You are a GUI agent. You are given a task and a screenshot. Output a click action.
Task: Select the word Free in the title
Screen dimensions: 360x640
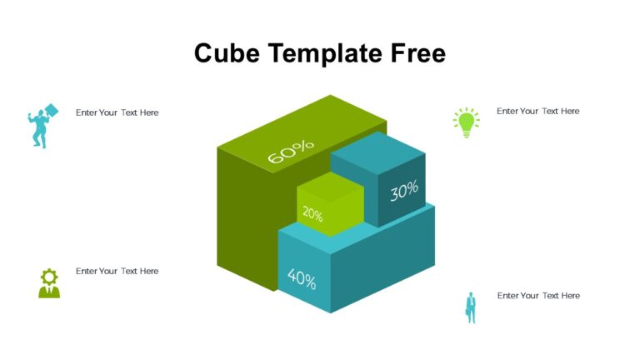pyautogui.click(x=418, y=53)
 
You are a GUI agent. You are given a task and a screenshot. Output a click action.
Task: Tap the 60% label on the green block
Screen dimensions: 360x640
pyautogui.click(x=291, y=152)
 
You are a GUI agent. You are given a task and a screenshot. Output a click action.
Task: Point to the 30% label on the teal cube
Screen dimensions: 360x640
pyautogui.click(x=404, y=191)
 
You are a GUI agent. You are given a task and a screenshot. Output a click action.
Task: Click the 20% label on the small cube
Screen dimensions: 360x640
pyautogui.click(x=312, y=214)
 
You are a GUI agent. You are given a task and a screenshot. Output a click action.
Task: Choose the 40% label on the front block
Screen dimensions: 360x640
pyautogui.click(x=302, y=277)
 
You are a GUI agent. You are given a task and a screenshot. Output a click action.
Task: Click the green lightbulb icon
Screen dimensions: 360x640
pyautogui.click(x=466, y=122)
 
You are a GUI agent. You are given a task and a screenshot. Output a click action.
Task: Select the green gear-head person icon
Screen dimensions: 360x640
pyautogui.click(x=49, y=283)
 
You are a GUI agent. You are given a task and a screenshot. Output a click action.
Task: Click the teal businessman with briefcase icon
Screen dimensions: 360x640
pyautogui.click(x=470, y=307)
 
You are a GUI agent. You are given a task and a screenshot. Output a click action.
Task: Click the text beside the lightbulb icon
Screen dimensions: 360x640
pyautogui.click(x=537, y=112)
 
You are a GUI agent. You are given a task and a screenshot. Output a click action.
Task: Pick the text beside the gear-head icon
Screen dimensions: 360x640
pyautogui.click(x=117, y=272)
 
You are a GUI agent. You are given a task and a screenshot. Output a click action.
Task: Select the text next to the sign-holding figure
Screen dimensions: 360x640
pyautogui.click(x=117, y=112)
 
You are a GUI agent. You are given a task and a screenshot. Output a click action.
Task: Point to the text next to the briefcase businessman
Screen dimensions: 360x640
pyautogui.click(x=538, y=296)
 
